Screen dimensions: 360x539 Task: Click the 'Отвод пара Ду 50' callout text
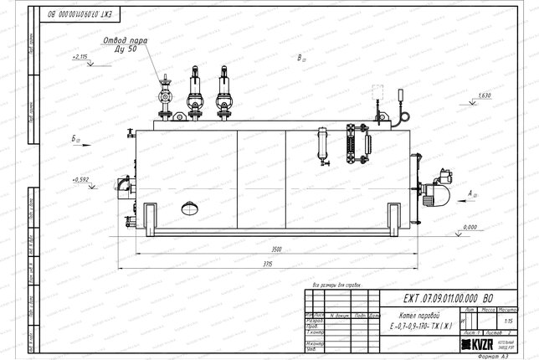pyautogui.click(x=126, y=44)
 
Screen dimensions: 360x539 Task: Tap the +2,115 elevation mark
pyautogui.click(x=80, y=56)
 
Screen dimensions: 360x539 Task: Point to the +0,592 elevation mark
pyautogui.click(x=81, y=179)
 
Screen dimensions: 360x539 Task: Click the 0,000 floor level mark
pyautogui.click(x=469, y=227)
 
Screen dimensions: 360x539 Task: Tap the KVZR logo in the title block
pyautogui.click(x=479, y=344)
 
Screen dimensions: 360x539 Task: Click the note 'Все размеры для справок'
pyautogui.click(x=335, y=285)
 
